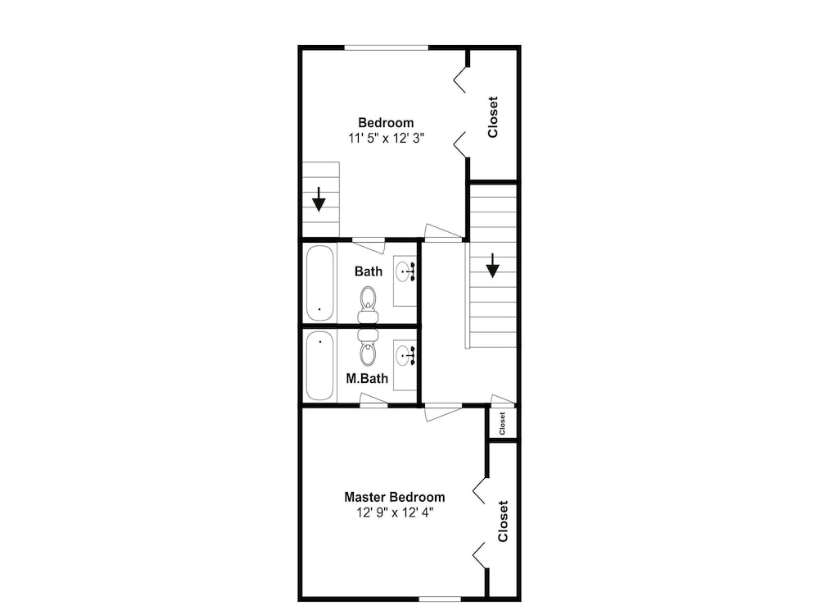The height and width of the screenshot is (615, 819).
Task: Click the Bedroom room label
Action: tap(386, 123)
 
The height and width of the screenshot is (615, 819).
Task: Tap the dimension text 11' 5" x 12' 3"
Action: tap(386, 139)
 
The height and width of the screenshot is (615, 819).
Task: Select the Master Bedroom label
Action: tap(395, 497)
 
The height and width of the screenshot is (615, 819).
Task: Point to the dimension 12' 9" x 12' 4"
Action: tap(395, 512)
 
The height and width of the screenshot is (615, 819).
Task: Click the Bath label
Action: tap(369, 271)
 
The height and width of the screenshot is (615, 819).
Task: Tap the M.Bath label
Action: tap(367, 378)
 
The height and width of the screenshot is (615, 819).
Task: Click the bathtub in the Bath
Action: tap(319, 283)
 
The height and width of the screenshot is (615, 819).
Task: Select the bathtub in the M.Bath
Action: tap(319, 366)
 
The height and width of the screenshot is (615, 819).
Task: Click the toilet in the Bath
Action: tap(369, 305)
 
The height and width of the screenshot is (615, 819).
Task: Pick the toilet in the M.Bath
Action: tap(369, 347)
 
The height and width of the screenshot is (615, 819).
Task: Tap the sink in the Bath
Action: tap(405, 271)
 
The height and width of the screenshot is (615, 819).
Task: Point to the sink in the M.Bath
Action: tap(405, 356)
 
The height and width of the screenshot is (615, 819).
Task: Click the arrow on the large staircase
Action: tap(492, 266)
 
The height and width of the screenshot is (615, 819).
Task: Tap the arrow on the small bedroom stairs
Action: tap(319, 199)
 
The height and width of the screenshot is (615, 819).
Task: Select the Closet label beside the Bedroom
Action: tap(492, 117)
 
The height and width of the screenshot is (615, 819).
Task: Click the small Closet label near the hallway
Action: tap(503, 424)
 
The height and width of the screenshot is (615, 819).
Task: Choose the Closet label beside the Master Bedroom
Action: tap(503, 522)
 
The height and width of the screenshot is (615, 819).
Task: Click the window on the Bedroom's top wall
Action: tap(387, 48)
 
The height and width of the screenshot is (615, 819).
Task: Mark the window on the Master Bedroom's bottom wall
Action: tap(441, 599)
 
